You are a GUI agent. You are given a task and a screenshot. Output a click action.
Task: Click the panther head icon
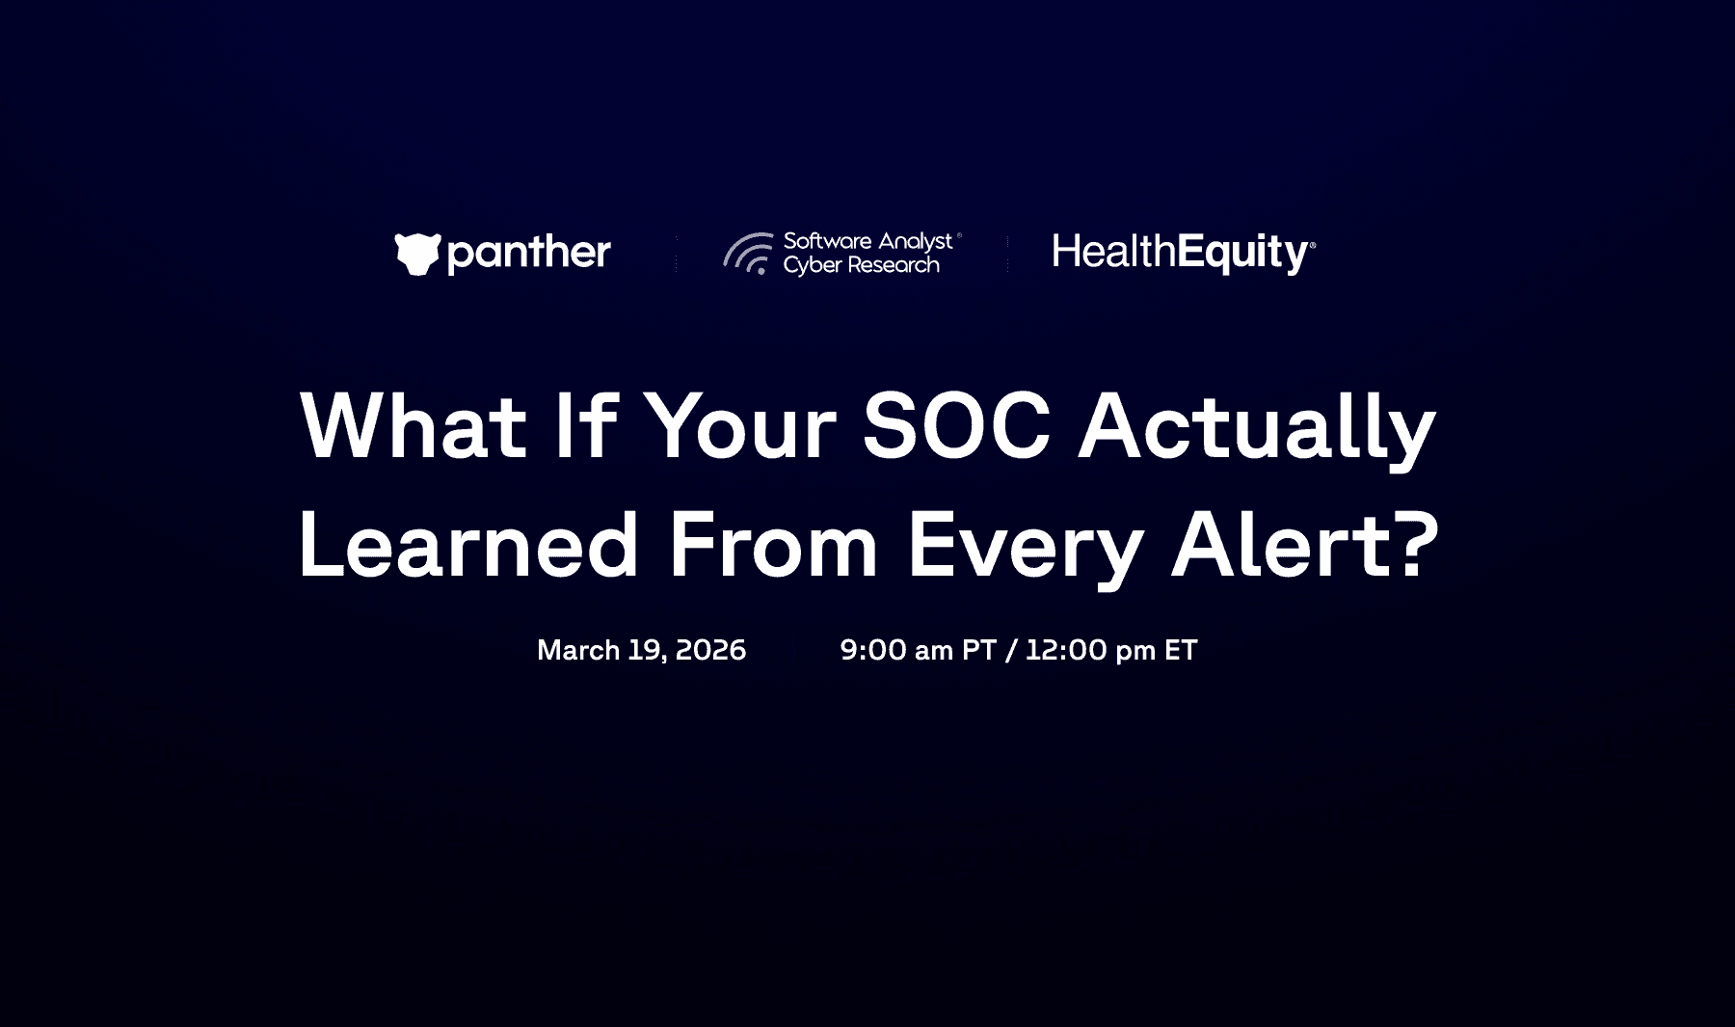(x=417, y=254)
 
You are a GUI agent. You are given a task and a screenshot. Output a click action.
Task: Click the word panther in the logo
(x=529, y=254)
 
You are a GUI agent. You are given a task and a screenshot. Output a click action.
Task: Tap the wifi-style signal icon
(x=748, y=254)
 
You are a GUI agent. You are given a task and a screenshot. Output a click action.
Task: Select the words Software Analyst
(x=867, y=241)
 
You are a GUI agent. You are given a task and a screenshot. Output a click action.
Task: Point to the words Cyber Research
(x=861, y=265)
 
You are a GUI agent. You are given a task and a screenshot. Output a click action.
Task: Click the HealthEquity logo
(x=1184, y=254)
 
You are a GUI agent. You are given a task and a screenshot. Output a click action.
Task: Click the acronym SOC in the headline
(x=956, y=425)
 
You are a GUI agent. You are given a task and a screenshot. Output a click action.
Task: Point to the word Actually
(x=1257, y=430)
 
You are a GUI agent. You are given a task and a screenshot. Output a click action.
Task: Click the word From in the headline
(x=773, y=545)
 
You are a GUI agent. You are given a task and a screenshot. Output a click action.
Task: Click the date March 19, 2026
(x=641, y=650)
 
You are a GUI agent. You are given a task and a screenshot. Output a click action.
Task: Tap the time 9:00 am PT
(x=918, y=650)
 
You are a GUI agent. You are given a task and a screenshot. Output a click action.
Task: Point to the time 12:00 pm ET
(x=1110, y=650)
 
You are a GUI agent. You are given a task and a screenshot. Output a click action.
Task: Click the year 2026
(x=710, y=650)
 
